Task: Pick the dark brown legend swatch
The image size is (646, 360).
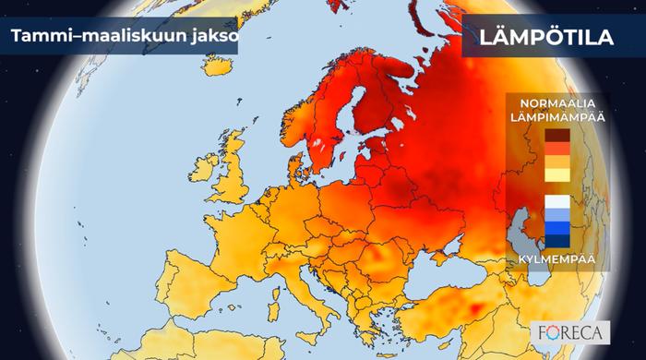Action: point(556,135)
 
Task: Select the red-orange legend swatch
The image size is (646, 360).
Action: point(556,148)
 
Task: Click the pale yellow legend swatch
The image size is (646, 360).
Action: point(556,175)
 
